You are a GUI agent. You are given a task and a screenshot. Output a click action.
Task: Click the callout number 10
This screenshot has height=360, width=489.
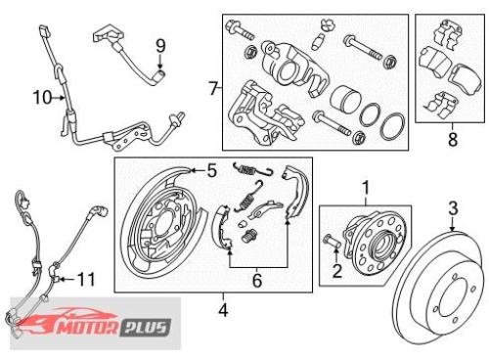pos(42,97)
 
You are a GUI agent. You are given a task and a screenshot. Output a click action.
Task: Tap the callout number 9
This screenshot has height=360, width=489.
pos(160,46)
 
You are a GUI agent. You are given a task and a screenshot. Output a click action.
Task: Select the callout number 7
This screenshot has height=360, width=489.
pos(213,88)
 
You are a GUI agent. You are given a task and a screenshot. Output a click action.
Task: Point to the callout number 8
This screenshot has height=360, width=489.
pos(453,140)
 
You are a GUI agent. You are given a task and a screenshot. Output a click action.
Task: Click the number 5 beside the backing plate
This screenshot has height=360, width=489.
pos(212,171)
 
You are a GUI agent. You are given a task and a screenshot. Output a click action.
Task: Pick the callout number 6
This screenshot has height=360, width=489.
pos(257,281)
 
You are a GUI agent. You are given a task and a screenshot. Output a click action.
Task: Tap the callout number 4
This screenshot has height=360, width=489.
pos(223,310)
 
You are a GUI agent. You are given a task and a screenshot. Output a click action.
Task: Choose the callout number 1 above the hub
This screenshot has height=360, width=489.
pos(366,188)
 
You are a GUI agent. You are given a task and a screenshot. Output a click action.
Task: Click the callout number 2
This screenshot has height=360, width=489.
pos(337,271)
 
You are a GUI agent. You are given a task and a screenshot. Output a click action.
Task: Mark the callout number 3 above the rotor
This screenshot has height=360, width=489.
pos(453,208)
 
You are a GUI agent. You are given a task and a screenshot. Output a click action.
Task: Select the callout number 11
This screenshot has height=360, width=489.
pos(86,280)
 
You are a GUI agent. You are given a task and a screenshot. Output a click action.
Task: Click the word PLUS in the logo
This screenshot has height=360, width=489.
pos(146,328)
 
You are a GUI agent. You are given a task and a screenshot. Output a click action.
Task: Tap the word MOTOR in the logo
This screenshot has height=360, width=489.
pos(88,327)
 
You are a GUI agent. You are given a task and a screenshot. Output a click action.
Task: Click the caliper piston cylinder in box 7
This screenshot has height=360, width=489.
pos(345,99)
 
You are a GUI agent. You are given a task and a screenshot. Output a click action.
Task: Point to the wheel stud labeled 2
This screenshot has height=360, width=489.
pos(332,242)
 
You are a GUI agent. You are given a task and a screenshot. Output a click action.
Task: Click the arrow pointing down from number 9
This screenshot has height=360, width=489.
pos(160,62)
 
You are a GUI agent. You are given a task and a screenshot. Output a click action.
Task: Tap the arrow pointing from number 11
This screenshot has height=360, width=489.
pos(67,280)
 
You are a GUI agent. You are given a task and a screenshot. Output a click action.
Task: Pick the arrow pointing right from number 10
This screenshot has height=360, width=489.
pos(59,97)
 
